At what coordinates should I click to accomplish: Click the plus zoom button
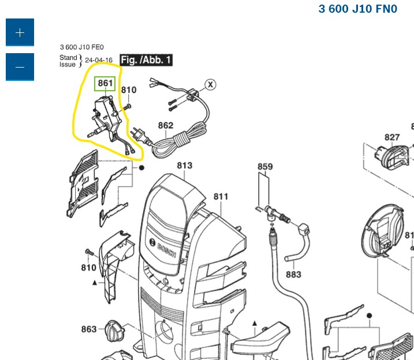(20, 32)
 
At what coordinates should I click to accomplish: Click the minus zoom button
(20, 67)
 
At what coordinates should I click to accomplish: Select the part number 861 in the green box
(105, 84)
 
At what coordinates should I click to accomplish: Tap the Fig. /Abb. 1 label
(146, 60)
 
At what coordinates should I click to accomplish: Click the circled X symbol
(211, 85)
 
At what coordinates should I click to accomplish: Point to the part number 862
(166, 125)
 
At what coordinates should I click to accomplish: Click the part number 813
(184, 166)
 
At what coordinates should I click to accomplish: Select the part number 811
(221, 196)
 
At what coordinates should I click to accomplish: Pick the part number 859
(265, 168)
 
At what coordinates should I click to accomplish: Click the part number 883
(293, 274)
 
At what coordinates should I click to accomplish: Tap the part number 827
(392, 137)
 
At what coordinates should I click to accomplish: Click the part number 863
(88, 329)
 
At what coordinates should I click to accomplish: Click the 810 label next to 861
(128, 90)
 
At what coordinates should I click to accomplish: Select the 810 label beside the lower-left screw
(88, 268)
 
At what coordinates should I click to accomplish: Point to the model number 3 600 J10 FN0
(358, 9)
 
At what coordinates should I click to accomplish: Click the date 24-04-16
(99, 60)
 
